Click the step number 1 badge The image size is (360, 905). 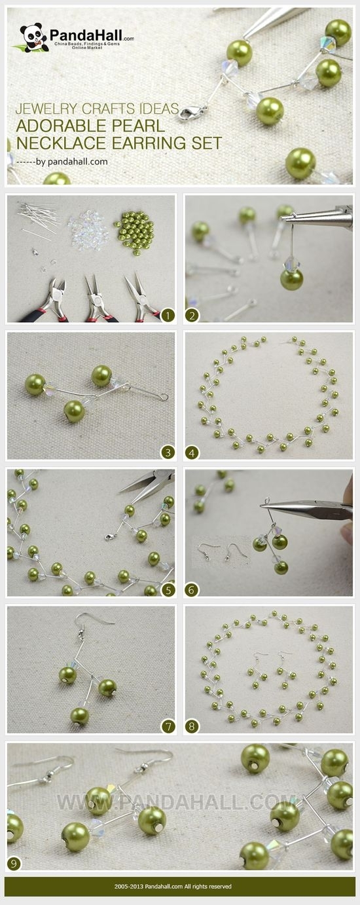pyautogui.click(x=168, y=315)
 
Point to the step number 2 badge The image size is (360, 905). pyautogui.click(x=192, y=315)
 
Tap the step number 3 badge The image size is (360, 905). pyautogui.click(x=168, y=452)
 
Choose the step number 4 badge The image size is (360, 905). pyautogui.click(x=192, y=452)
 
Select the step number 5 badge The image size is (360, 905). pyautogui.click(x=168, y=590)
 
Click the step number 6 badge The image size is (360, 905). pyautogui.click(x=192, y=590)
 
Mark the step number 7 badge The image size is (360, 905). pyautogui.click(x=168, y=726)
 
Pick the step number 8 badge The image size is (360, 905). pyautogui.click(x=192, y=726)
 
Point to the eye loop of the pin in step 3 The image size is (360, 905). pyautogui.click(x=164, y=397)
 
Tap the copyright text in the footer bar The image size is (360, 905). pyautogui.click(x=173, y=886)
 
